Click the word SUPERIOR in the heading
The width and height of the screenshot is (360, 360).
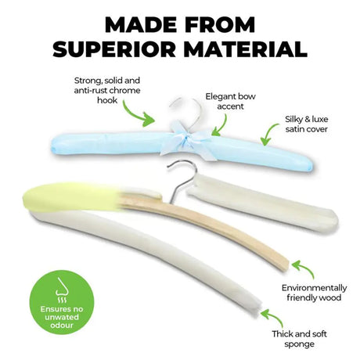[x=114, y=49]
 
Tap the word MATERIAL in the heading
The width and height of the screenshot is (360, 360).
[x=246, y=49]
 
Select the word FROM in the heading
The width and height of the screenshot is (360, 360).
[x=215, y=25]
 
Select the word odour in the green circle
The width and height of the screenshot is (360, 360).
[x=62, y=325]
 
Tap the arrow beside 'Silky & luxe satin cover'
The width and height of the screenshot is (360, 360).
[x=268, y=134]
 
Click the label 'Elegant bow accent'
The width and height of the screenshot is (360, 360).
[x=230, y=101]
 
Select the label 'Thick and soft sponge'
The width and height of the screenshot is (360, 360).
[x=299, y=339]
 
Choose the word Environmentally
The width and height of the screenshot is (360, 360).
[x=314, y=288]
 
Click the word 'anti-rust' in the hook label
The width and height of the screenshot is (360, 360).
[x=90, y=91]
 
